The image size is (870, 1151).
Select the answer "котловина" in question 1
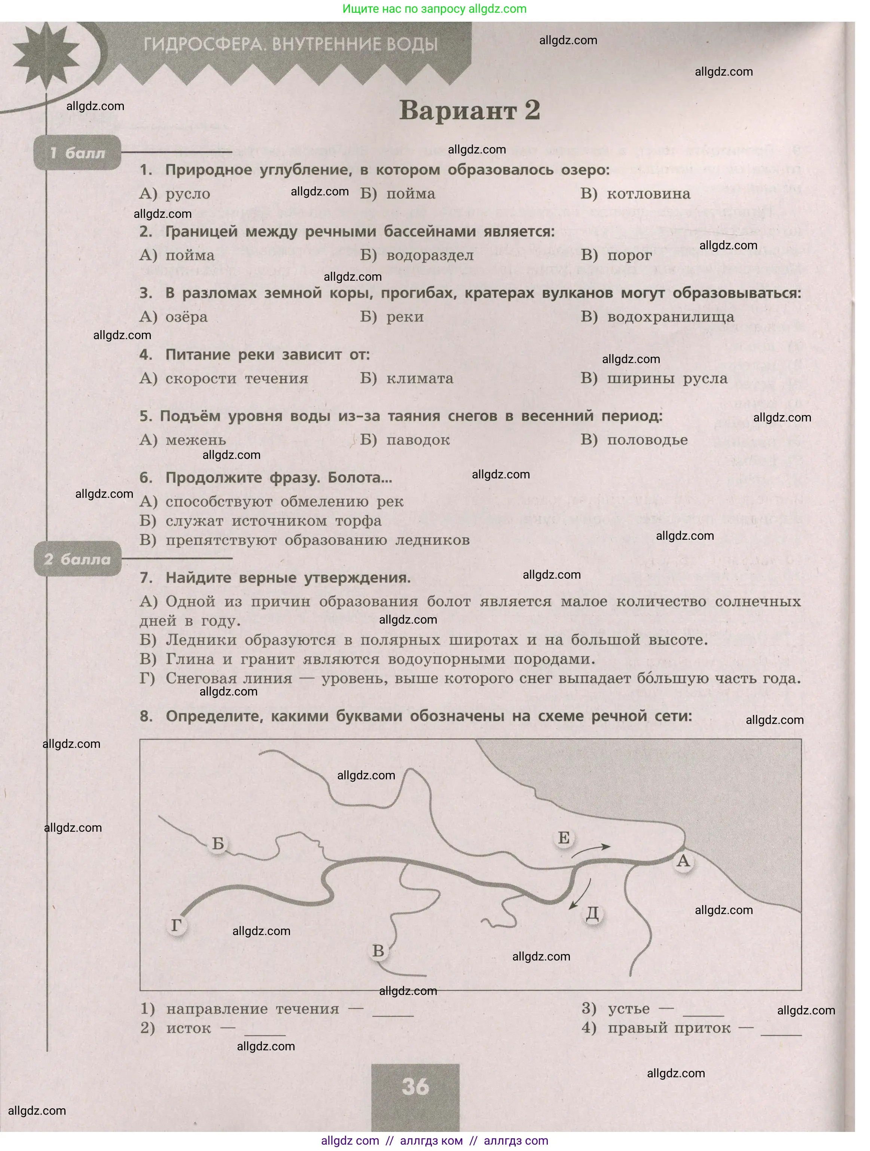tap(648, 194)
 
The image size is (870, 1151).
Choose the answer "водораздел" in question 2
tap(430, 255)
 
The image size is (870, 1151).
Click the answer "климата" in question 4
tap(419, 378)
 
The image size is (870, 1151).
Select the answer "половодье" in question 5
tap(647, 440)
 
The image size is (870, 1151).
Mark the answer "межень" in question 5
tap(196, 440)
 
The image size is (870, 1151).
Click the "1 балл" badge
tap(77, 153)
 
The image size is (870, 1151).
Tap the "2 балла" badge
tap(77, 559)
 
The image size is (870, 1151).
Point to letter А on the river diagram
tap(683, 861)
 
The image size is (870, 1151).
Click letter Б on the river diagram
tap(218, 843)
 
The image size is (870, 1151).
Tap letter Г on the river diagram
tap(176, 925)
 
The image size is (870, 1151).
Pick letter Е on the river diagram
tap(564, 837)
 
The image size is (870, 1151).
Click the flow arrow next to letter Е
tap(591, 850)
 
